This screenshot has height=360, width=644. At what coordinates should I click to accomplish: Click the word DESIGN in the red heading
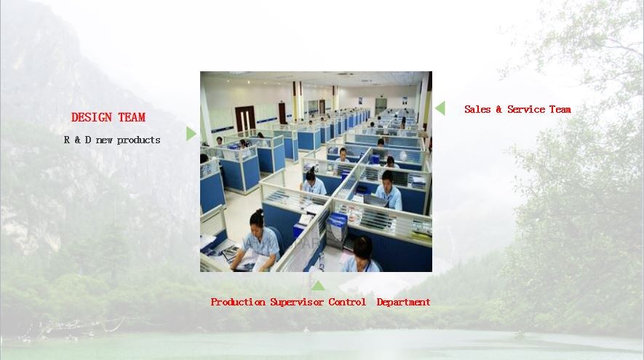tap(91, 117)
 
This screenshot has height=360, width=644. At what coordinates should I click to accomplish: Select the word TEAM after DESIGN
tap(132, 117)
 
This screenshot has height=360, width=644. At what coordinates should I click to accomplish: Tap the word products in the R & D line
tap(138, 140)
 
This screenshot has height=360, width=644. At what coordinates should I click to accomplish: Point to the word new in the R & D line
tap(104, 140)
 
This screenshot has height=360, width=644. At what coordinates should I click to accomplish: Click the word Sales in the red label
tap(477, 109)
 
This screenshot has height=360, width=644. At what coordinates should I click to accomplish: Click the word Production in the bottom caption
tap(238, 302)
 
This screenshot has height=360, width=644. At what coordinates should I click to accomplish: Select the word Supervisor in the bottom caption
tap(297, 303)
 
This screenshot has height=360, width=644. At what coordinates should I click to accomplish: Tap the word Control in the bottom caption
tap(347, 302)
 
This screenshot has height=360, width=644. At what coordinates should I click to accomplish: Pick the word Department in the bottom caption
tap(403, 303)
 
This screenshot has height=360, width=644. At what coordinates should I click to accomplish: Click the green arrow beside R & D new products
tap(191, 133)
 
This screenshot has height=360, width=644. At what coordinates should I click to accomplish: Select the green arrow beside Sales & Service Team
tap(440, 108)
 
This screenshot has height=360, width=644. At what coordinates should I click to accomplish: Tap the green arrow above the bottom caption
tap(318, 286)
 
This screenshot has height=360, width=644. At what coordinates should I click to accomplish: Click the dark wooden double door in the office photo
tap(245, 119)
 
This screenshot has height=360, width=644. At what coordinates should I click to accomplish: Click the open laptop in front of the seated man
tap(375, 200)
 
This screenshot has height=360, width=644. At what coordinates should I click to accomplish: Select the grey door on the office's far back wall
tap(381, 105)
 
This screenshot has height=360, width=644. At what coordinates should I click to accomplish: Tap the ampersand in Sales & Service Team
tap(498, 109)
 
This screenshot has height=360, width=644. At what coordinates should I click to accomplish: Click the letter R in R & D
tap(67, 140)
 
